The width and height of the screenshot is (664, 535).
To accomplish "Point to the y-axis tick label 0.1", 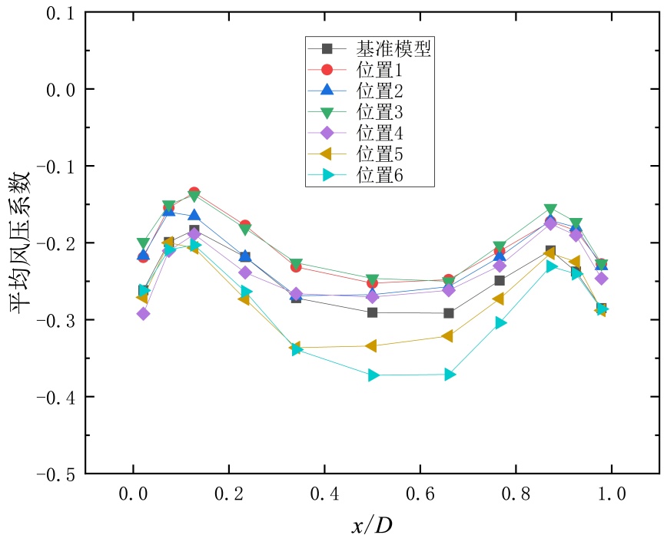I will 55,13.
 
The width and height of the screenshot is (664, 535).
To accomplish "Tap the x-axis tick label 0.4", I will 325,493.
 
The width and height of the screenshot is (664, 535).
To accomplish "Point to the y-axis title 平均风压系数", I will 21,243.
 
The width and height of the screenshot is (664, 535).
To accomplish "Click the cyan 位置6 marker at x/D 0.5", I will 373,375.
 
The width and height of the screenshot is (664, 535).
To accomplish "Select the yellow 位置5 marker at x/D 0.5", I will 372,346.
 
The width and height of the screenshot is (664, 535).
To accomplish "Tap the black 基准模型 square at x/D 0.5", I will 373,312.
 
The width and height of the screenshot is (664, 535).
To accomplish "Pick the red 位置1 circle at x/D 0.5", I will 373,282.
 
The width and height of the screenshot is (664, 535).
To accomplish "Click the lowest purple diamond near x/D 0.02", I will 143,313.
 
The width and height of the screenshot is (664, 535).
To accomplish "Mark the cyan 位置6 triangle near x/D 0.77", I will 501,322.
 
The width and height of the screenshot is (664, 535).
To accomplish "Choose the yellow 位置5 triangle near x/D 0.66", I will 448,335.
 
